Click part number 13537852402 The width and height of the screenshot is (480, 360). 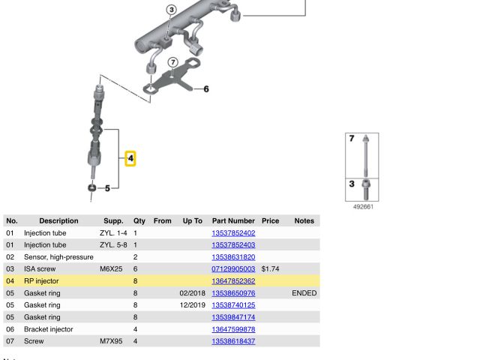coord(233,233)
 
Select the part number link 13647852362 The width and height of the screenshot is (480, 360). coord(233,281)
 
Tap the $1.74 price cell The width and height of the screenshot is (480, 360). coord(270,269)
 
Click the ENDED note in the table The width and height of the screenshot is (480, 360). coord(304,293)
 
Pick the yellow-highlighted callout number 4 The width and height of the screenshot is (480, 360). coord(130,158)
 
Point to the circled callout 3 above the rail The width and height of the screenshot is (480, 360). coord(172,10)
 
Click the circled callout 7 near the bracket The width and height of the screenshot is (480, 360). coord(173,63)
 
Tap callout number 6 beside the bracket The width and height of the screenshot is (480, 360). coord(206,89)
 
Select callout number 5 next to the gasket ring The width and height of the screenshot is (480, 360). coord(107,188)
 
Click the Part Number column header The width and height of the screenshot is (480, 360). coord(233,220)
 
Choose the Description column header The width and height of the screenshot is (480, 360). coord(58,220)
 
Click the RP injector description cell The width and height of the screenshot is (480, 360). coord(41,281)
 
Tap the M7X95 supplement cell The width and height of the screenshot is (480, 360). coord(111,341)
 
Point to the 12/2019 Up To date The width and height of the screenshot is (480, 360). coord(192,305)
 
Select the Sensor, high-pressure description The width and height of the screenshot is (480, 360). coord(58,257)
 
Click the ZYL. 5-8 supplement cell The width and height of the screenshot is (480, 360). coord(113,245)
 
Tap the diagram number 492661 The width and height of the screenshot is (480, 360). coord(363,207)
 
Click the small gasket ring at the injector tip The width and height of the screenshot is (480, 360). coord(91,187)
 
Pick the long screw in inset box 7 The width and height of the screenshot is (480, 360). coord(365,155)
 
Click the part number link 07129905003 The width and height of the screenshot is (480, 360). coord(233,269)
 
